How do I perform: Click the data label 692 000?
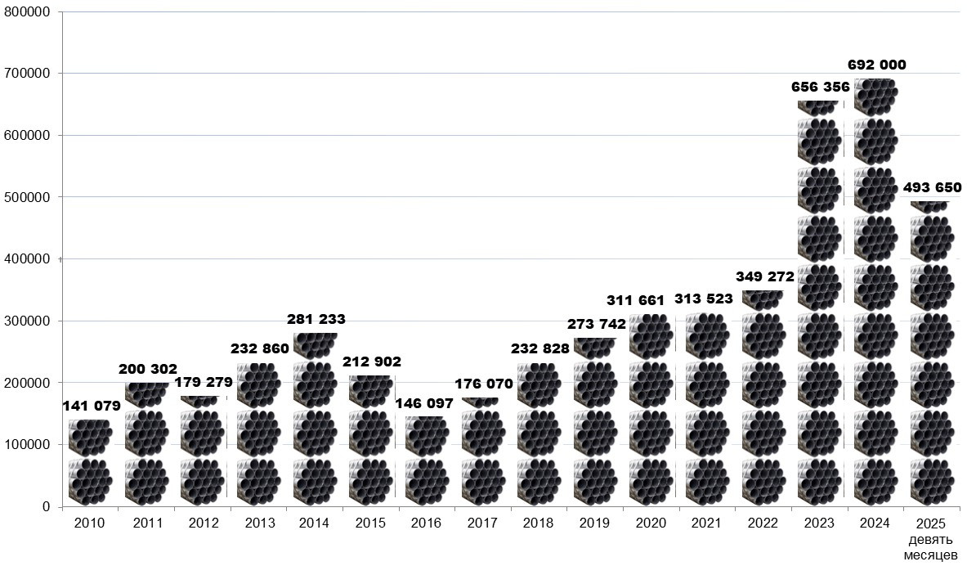point(876,65)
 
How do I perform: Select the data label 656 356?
point(820,87)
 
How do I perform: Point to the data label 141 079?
point(91,406)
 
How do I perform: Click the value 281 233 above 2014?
point(316,320)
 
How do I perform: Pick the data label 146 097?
point(423,403)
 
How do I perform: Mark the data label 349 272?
point(764,276)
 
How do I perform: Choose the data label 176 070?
point(484,384)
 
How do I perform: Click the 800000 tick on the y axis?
point(27,12)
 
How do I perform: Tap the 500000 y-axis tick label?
point(27,197)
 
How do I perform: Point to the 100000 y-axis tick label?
point(27,445)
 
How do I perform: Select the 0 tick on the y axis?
point(47,507)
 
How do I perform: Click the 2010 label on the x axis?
point(90,523)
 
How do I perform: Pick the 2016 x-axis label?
point(427,523)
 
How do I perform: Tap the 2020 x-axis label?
point(651,523)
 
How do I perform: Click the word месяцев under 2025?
point(932,556)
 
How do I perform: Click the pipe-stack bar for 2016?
point(427,462)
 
